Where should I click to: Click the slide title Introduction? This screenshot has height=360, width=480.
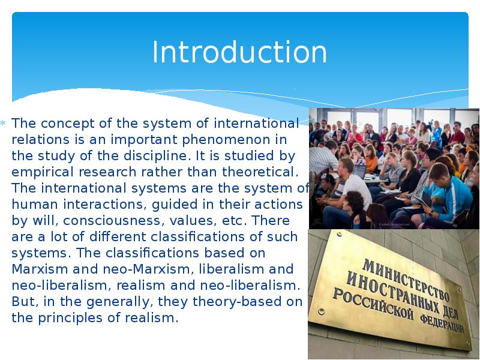pyautogui.click(x=239, y=52)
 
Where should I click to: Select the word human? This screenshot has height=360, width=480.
pyautogui.click(x=31, y=205)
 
